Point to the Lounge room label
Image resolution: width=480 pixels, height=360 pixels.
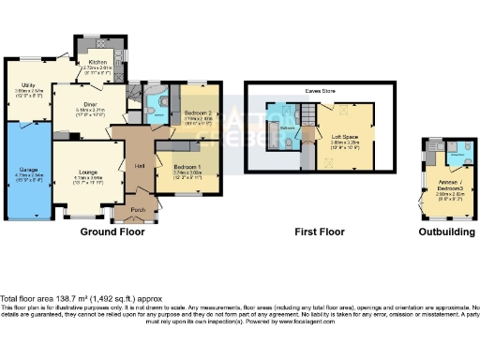[88, 173]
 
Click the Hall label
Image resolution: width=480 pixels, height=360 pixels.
[139, 166]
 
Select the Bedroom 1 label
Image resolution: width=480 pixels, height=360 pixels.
[187, 168]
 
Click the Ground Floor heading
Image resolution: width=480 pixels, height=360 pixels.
[112, 232]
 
